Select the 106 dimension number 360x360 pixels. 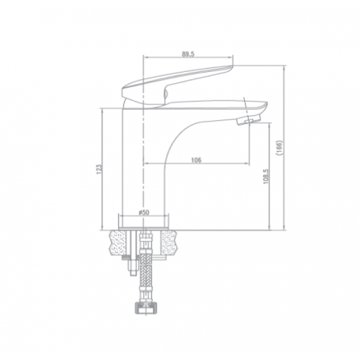195,160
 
